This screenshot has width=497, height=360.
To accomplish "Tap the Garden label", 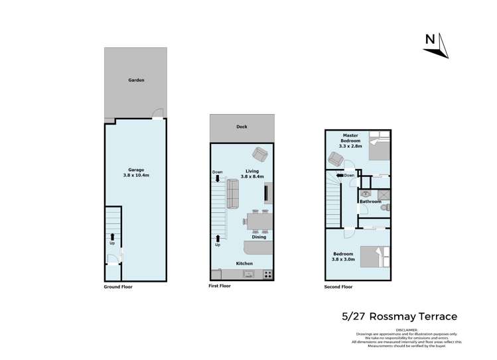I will [137, 80].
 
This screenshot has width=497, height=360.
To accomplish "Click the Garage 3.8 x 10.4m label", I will [137, 172].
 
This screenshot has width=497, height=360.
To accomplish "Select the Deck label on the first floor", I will [242, 128].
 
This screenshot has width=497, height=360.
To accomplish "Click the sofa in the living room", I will [233, 193].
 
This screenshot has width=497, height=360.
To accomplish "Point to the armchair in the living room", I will [261, 156].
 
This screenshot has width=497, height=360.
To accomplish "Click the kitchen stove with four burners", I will [267, 274].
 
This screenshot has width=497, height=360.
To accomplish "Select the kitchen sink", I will [249, 273].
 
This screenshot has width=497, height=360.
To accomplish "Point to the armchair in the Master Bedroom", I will [335, 160].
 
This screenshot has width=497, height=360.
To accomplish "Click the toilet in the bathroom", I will [384, 208].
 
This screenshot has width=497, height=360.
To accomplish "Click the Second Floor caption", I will [339, 287].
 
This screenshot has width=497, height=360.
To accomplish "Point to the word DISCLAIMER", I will [406, 329].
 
